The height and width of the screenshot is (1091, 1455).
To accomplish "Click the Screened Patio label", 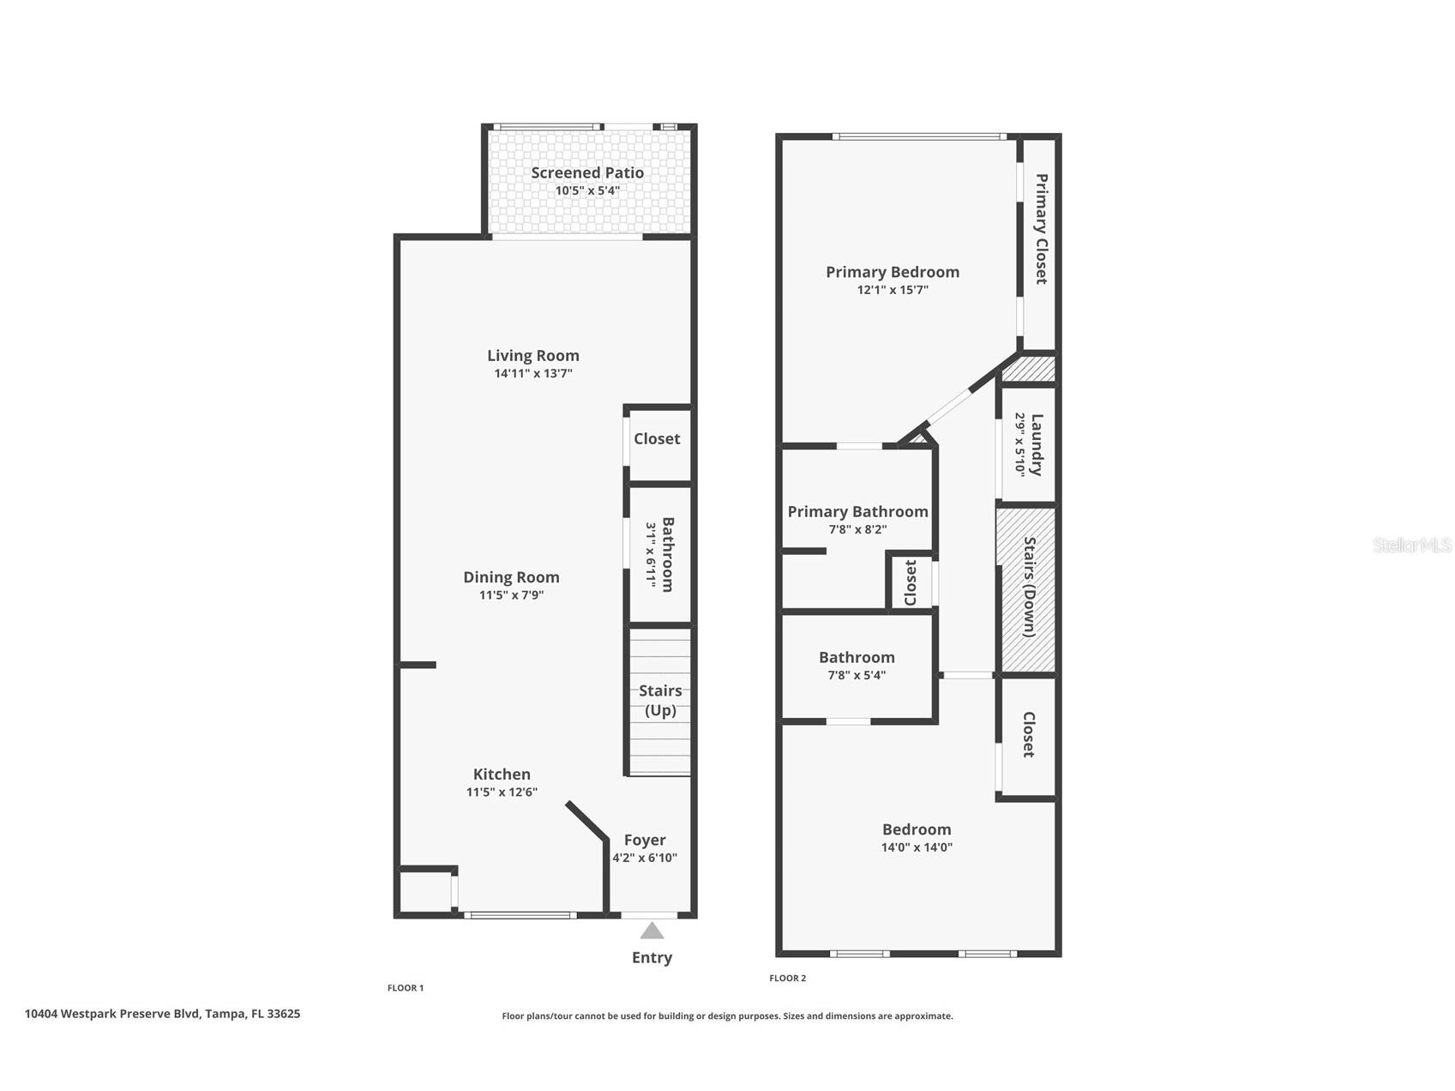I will (586, 172).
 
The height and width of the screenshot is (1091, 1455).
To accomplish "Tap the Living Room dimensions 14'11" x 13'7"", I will (532, 373).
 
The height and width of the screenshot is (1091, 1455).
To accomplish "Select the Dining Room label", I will (511, 577).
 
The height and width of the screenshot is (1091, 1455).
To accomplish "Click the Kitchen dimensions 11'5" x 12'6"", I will (502, 792).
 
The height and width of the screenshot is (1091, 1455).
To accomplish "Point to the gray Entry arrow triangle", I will (652, 931).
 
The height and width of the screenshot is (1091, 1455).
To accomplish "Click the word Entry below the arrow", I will (652, 957).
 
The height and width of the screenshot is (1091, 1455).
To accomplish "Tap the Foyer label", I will (645, 840).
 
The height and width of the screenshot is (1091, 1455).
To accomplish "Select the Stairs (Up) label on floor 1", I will (660, 700).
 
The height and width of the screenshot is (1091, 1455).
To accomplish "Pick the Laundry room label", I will (1036, 444).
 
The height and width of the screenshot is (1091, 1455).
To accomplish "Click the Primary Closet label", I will (1041, 229).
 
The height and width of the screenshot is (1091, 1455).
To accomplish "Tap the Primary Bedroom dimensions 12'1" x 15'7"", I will (893, 290).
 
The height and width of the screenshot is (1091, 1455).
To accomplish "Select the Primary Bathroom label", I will (857, 511).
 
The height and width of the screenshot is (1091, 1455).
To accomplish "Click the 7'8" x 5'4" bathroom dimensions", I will (857, 675).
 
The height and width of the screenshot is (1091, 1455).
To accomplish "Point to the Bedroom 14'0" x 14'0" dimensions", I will (917, 847).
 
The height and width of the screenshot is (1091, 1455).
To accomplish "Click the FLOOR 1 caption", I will (406, 988).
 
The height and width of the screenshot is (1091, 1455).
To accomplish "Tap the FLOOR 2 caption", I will (787, 978).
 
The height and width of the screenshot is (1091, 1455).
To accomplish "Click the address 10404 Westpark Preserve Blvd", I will (162, 1014).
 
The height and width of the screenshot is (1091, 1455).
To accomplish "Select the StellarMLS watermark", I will (1411, 545).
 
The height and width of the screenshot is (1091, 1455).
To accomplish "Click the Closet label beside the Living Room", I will (657, 438).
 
